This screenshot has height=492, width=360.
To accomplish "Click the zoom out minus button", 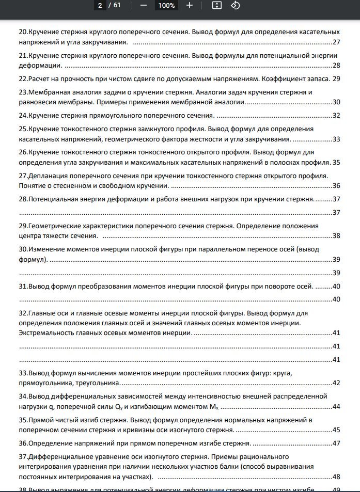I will click(x=143, y=6).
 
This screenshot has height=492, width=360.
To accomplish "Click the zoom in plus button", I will click(x=190, y=6).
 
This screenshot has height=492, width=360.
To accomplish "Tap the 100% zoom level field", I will click(x=166, y=6).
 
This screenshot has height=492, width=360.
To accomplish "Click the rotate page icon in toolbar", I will click(x=235, y=6).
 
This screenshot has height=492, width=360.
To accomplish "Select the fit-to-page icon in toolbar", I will click(x=217, y=6).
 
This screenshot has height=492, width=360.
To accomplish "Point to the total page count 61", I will click(x=117, y=6).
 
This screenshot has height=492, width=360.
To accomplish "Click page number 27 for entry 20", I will click(x=336, y=42).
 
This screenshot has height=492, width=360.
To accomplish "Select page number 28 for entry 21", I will click(x=336, y=65).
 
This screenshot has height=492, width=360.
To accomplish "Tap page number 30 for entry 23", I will click(x=336, y=102).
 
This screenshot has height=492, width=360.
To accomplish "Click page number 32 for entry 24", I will click(x=336, y=116).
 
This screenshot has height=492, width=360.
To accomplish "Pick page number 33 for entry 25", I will click(x=336, y=139).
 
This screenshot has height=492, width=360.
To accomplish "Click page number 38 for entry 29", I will click(x=336, y=236).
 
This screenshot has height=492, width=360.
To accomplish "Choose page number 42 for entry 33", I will click(x=336, y=383).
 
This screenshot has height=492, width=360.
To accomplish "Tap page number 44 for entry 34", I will click(x=336, y=406).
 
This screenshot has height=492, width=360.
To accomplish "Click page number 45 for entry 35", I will click(x=336, y=430).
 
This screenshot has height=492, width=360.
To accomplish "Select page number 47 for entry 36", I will click(x=336, y=443).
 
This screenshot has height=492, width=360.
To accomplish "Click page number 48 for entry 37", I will click(x=336, y=477).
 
